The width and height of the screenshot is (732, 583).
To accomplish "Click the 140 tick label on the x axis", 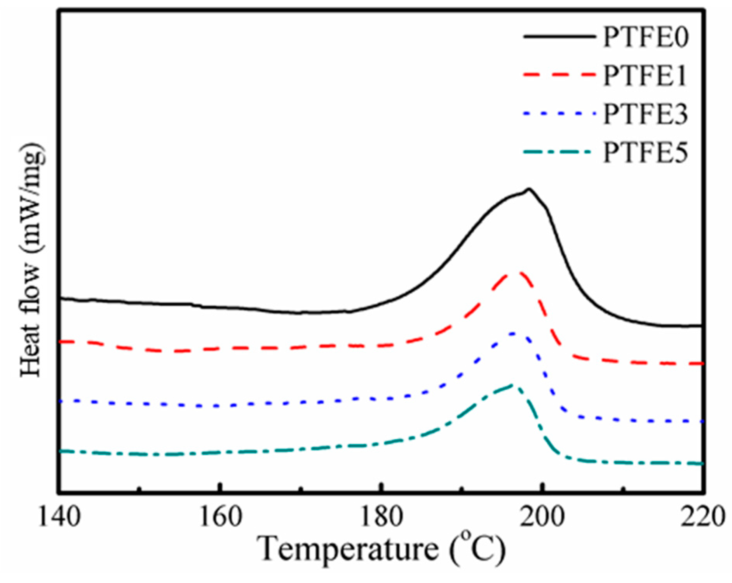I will tap(59, 517).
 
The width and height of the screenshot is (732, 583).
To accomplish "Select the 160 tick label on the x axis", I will tap(221, 517).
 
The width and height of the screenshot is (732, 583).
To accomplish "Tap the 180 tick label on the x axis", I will tap(382, 517).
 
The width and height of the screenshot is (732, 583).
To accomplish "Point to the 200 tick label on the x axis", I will tap(543, 517).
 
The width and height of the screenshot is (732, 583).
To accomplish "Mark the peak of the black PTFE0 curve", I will tap(528, 189).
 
